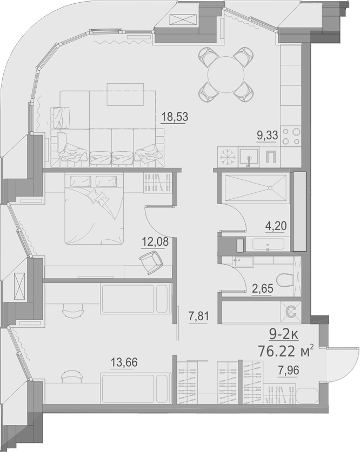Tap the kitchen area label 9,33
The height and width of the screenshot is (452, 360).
coord(268,136)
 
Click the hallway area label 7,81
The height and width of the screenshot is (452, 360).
coord(198,315)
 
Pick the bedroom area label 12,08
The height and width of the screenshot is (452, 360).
coord(155,242)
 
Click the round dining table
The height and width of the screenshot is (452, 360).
coord(226,73)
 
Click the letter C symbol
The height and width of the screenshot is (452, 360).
coord(290,312)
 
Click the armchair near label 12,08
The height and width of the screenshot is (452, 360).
coord(150,262)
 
